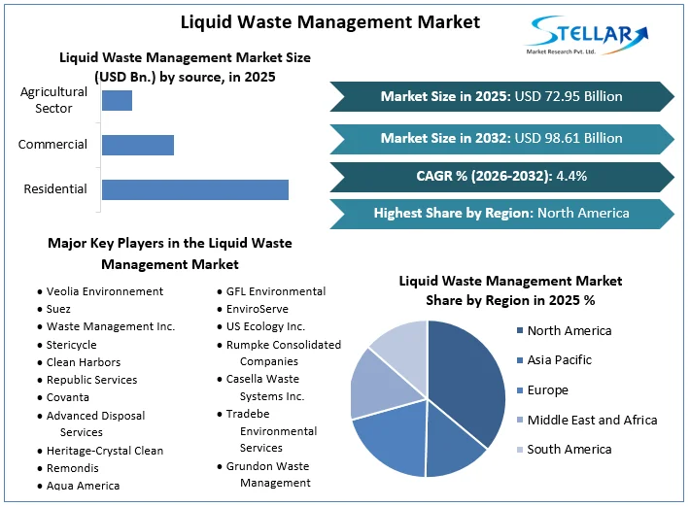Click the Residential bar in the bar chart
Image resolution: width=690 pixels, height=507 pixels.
tap(194, 189)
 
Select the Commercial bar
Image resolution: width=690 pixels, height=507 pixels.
tap(137, 145)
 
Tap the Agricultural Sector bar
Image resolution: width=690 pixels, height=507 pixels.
tap(117, 100)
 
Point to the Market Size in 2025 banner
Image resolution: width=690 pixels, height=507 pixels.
tap(501, 96)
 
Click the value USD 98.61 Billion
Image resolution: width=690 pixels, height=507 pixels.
tap(569, 138)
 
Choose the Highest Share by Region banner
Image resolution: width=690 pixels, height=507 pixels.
tap(501, 213)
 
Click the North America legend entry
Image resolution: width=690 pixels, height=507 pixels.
tap(569, 330)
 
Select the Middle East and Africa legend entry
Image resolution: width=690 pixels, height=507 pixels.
tap(592, 420)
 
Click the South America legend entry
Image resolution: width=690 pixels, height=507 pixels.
tap(569, 450)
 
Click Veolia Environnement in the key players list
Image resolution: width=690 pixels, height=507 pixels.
tap(105, 291)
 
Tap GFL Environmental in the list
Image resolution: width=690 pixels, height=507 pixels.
tap(276, 291)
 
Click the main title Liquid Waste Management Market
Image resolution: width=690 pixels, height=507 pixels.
tap(330, 21)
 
